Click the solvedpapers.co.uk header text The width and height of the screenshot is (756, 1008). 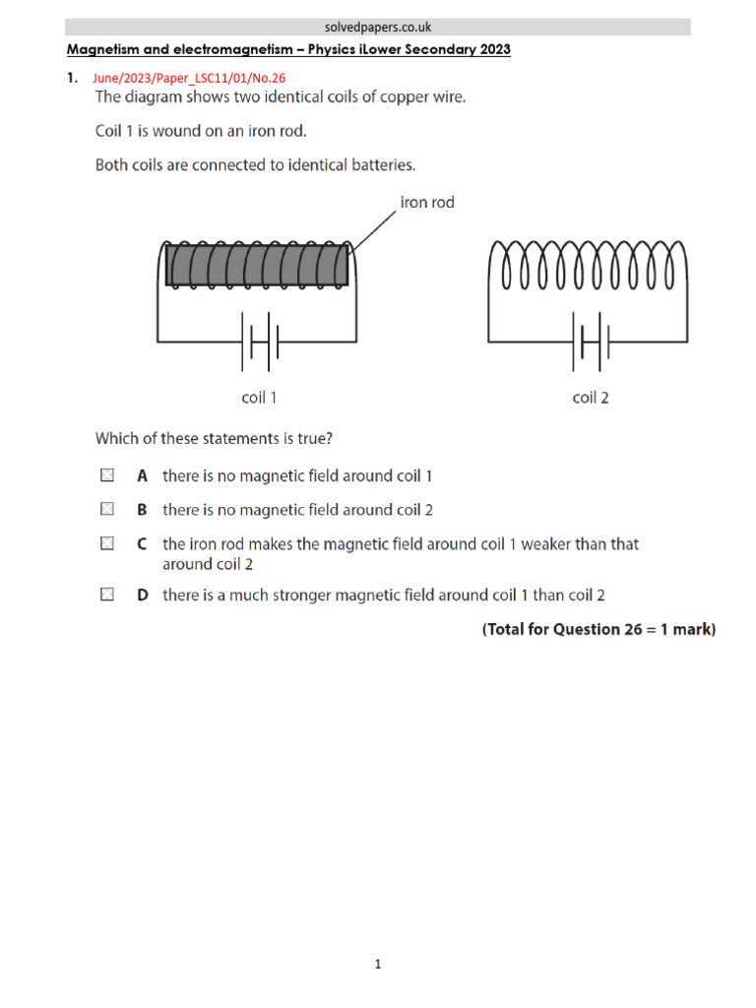point(378,28)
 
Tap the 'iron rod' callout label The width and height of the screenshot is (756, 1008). point(426,203)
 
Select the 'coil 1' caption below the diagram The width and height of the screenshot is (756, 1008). point(260,398)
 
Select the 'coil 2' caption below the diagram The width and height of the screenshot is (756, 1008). point(591,398)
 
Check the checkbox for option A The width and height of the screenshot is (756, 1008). point(106,475)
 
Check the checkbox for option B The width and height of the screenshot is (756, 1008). point(106,509)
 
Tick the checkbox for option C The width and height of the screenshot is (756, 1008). point(106,543)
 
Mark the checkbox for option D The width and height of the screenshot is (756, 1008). point(106,595)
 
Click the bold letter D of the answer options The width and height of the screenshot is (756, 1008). point(143,595)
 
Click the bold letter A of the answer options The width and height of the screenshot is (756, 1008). point(143,475)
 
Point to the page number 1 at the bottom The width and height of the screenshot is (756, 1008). point(378,965)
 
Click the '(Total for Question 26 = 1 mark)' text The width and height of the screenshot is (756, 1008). point(598,629)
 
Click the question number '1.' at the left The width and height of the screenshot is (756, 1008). point(72,78)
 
